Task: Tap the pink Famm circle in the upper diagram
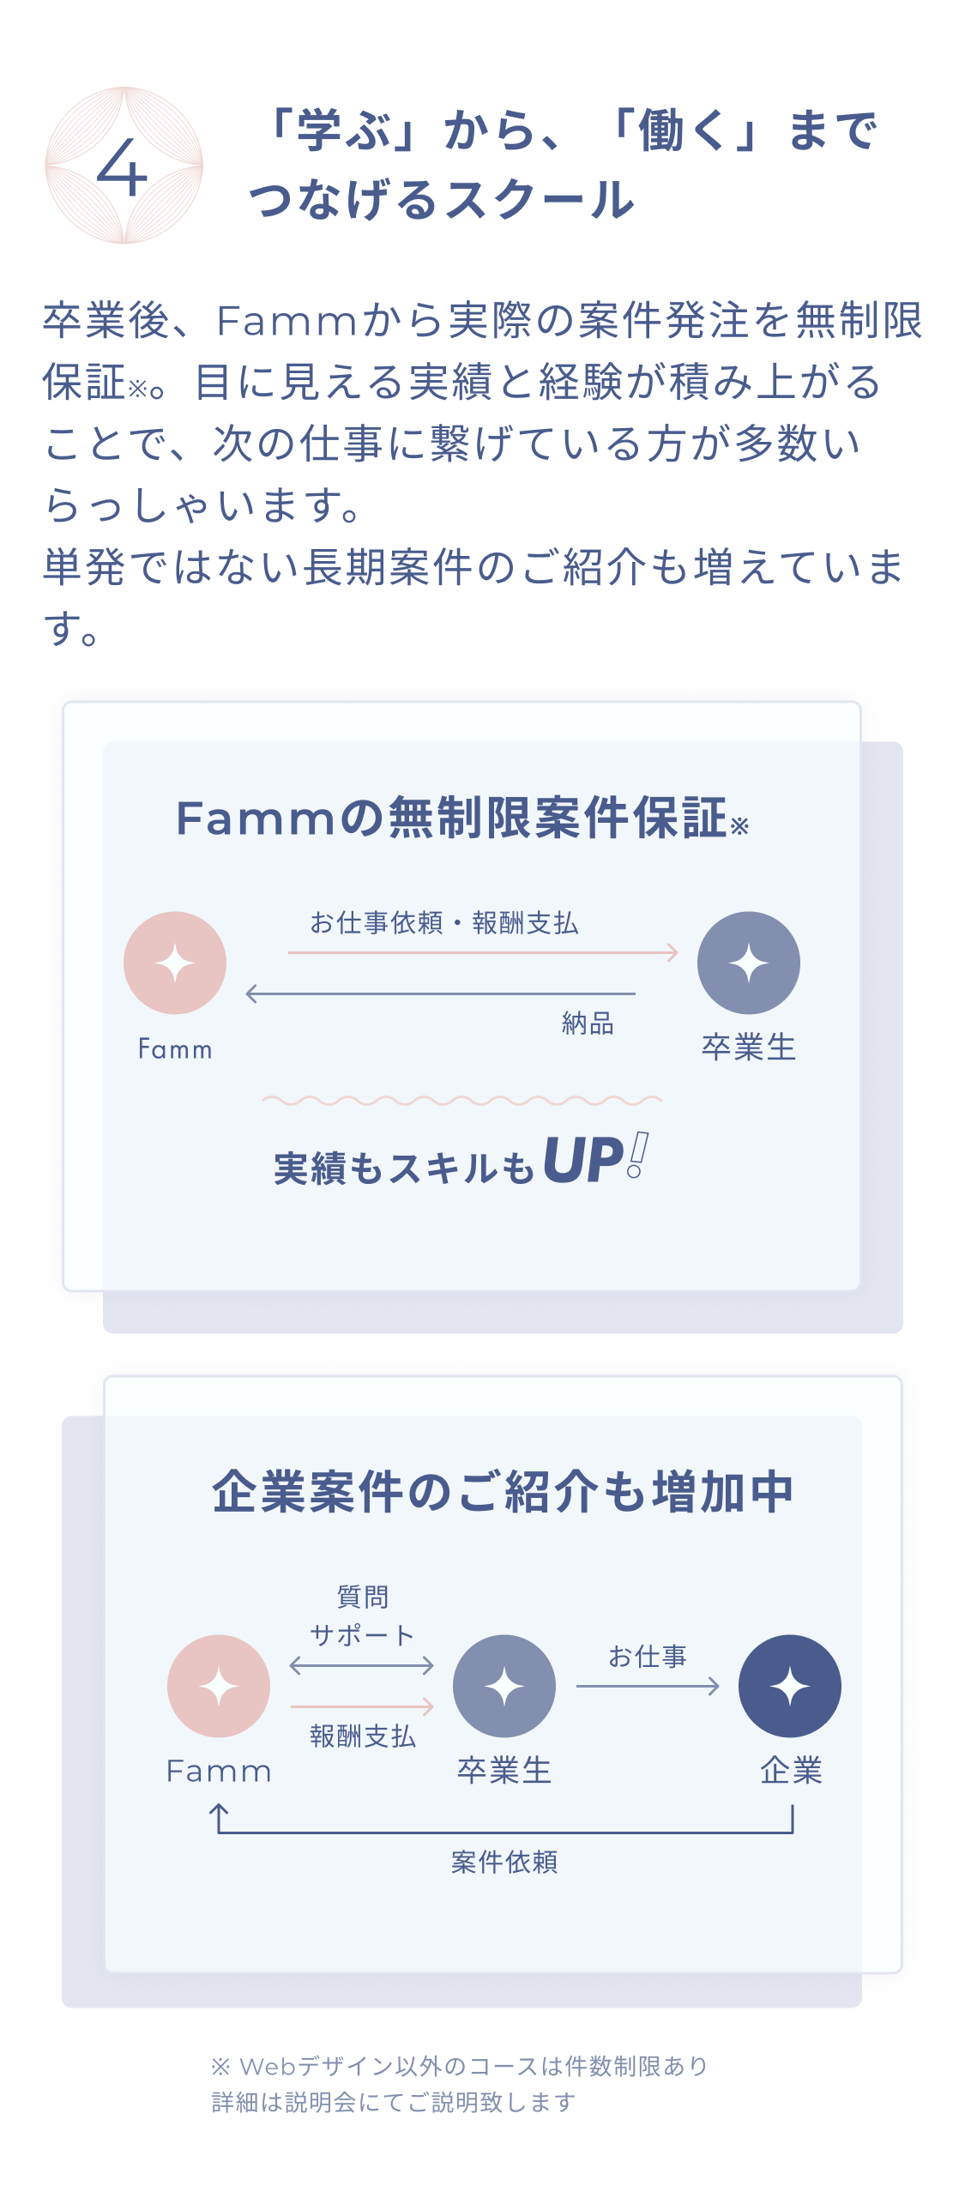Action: tap(175, 963)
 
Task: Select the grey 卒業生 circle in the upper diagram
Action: tap(748, 963)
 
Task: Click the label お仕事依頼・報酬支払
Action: tap(443, 923)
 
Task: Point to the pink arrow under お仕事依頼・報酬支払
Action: tap(482, 952)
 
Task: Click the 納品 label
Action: tap(588, 1024)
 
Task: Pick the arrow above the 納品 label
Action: tap(440, 993)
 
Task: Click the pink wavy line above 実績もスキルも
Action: tap(461, 1100)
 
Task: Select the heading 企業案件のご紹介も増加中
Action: tap(503, 1492)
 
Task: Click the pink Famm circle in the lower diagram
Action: tap(219, 1686)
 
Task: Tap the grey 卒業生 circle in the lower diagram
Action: tap(504, 1686)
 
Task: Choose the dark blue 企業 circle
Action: tap(789, 1686)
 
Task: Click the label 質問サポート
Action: tap(362, 1616)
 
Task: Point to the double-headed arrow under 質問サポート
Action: tap(362, 1665)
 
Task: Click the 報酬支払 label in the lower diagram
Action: tap(362, 1736)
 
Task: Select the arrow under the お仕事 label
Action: tap(648, 1687)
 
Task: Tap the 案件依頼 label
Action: tap(504, 1863)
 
